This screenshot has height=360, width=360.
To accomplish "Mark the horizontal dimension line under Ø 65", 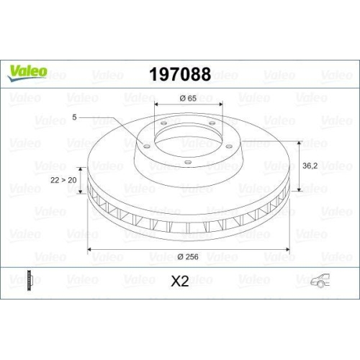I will pyautogui.click(x=187, y=107).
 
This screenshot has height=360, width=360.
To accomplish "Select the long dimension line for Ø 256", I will pyautogui.click(x=187, y=249).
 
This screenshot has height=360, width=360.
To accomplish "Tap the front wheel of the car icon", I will pyautogui.click(x=315, y=285).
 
